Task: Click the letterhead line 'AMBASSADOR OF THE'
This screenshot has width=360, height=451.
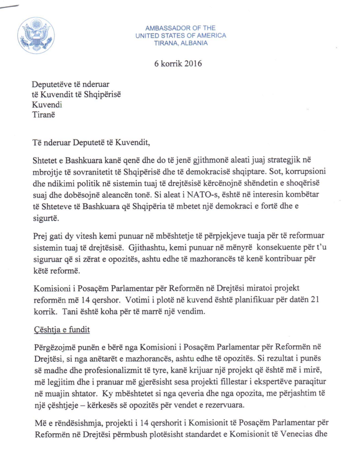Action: pyautogui.click(x=180, y=28)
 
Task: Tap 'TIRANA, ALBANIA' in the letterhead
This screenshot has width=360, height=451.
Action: pyautogui.click(x=181, y=43)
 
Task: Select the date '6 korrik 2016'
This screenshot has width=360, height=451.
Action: pyautogui.click(x=181, y=64)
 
